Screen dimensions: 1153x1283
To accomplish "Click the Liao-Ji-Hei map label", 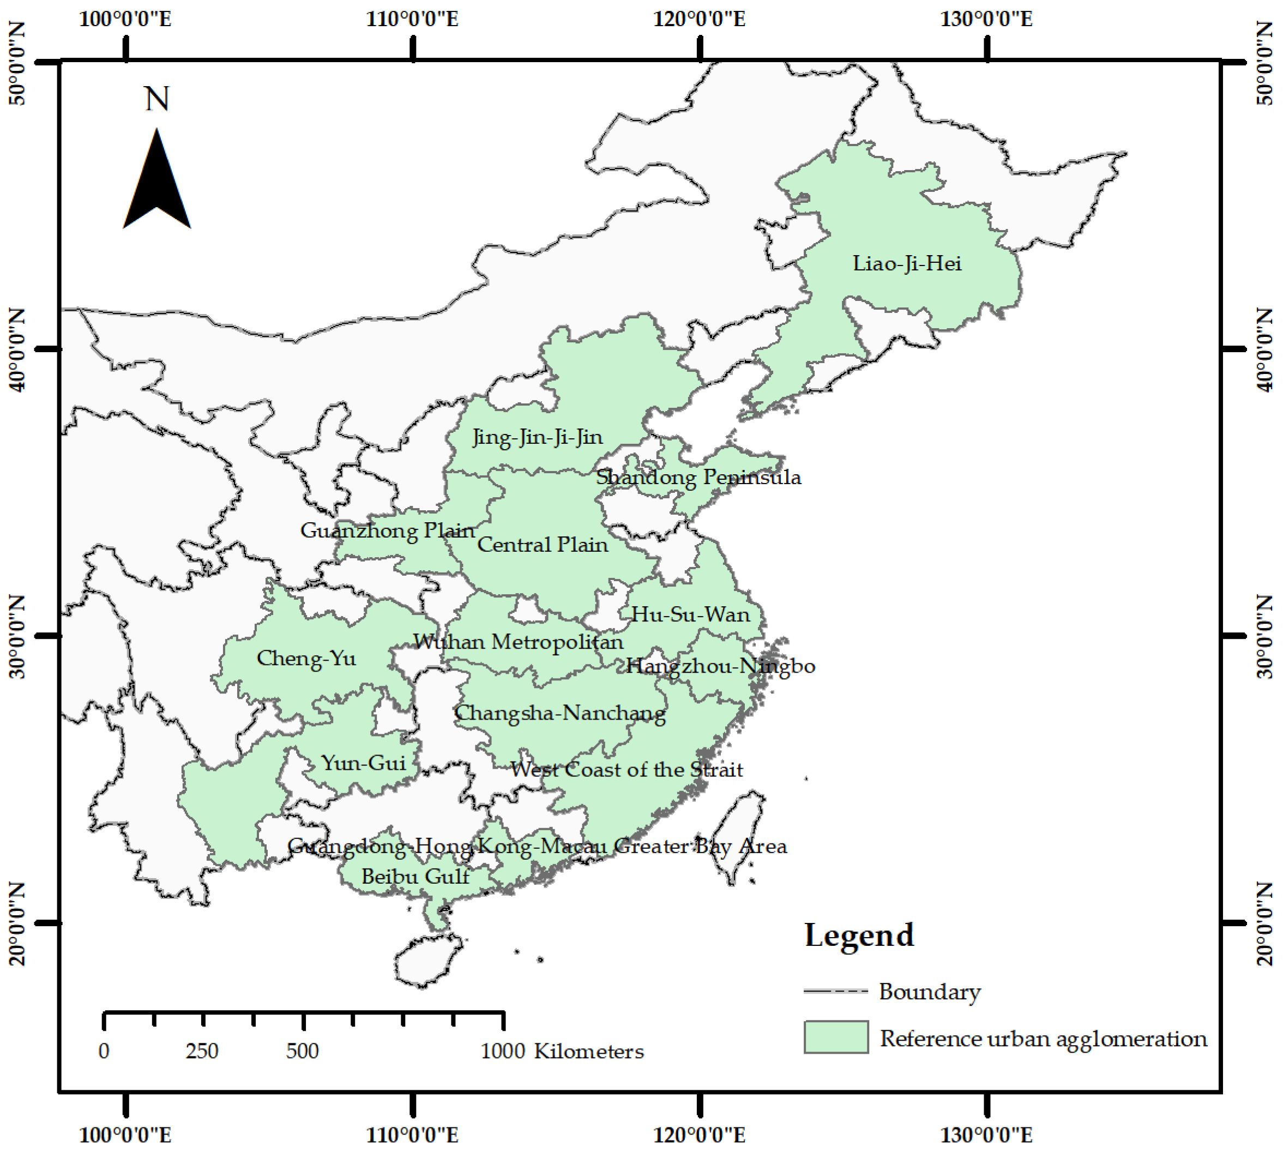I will point(907,263).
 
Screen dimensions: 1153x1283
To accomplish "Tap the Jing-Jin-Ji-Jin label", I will point(537,437).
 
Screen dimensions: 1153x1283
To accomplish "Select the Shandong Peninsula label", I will point(698,477).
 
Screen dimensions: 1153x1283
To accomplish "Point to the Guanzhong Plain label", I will point(387,530).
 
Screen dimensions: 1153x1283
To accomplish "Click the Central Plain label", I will point(543,545).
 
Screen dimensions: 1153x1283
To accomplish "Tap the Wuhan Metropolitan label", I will point(518,642).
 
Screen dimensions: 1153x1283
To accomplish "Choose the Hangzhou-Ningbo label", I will point(720,666).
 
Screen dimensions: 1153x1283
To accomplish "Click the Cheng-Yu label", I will point(306,658).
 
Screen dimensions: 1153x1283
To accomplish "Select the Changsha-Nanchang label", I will point(560,714).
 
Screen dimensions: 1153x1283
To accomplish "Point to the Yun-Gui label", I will point(363,763).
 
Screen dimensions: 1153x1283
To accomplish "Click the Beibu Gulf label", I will point(415,877).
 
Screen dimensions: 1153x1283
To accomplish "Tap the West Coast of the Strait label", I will point(627,770).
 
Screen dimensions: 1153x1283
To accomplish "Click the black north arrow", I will point(156,184).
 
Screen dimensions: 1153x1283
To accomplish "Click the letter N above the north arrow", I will point(156,99).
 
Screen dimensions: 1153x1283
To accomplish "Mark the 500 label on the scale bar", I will point(302,1051).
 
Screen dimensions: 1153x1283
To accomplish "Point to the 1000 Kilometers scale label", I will point(562,1051).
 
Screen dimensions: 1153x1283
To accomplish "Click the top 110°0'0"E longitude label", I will point(412,19).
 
